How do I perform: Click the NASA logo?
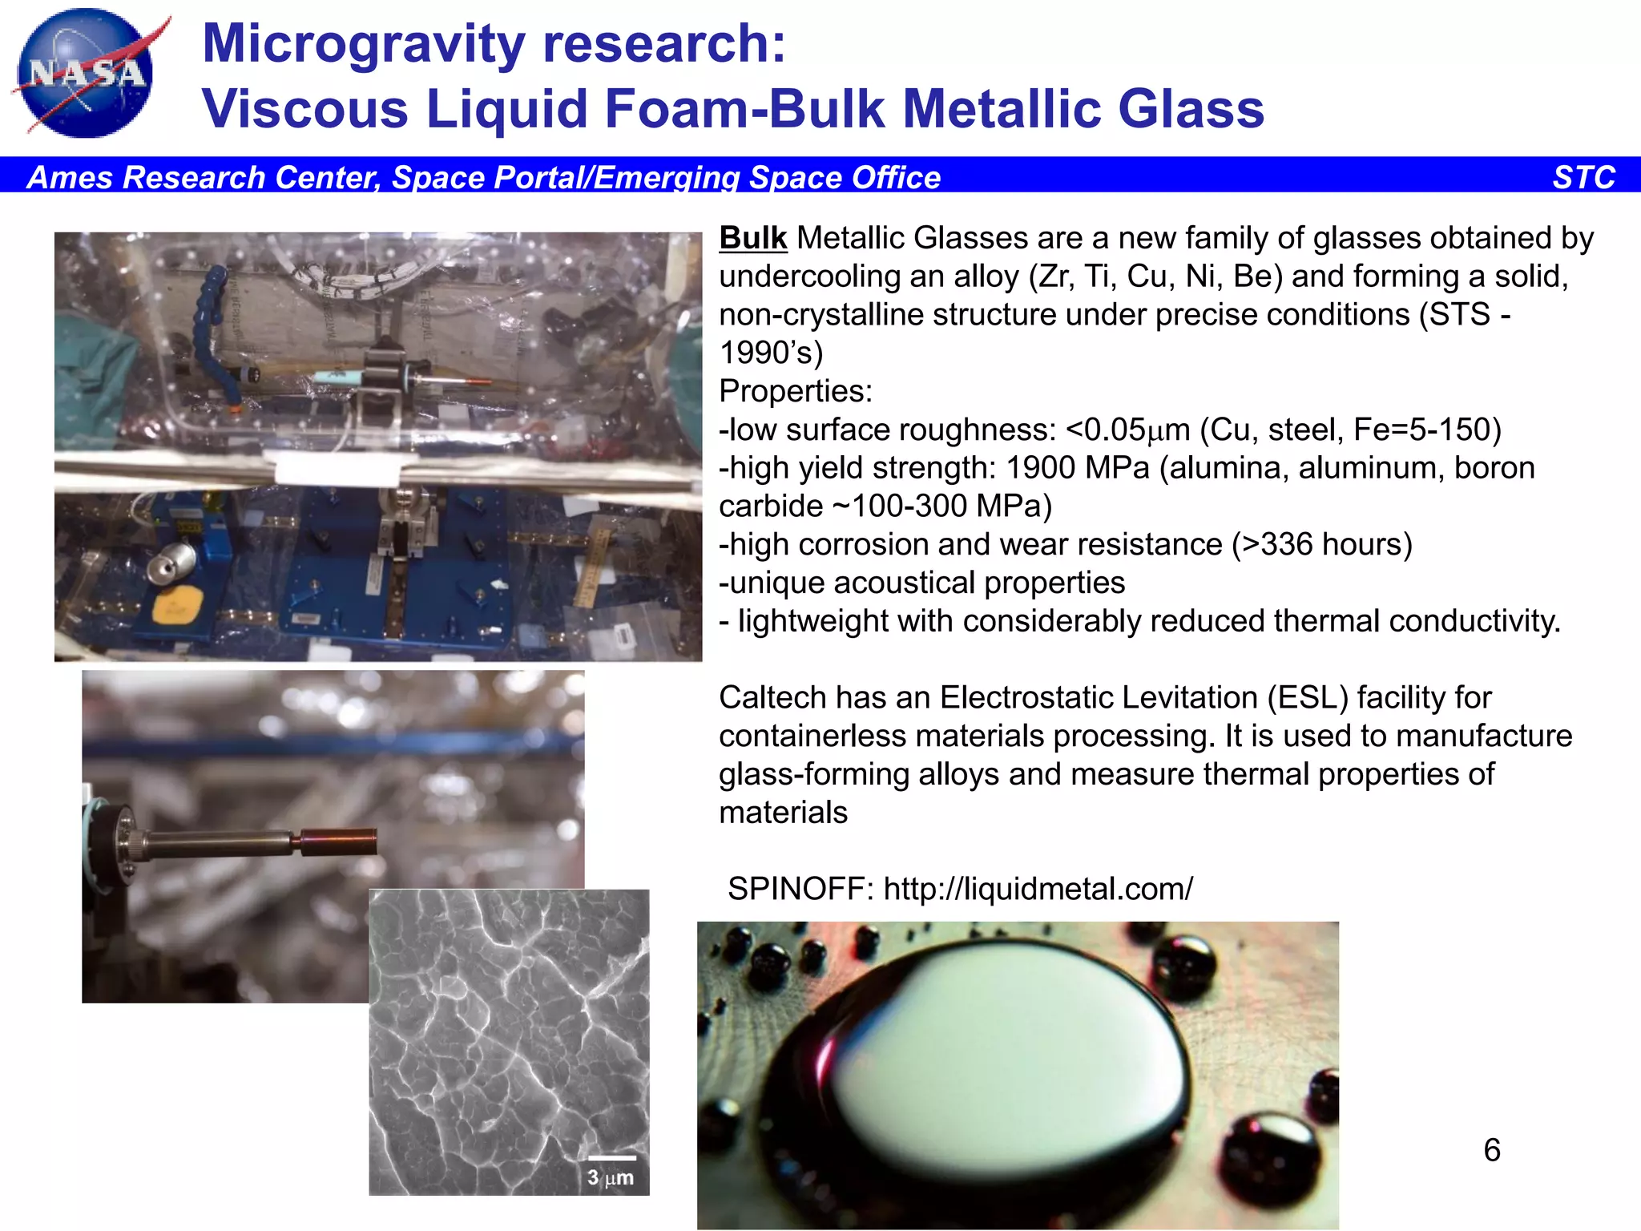[x=87, y=74]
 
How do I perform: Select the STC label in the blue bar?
[x=1583, y=177]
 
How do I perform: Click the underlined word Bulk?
[x=752, y=239]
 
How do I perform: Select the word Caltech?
[x=772, y=698]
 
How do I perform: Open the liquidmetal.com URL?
[x=1038, y=889]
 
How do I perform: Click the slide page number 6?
[x=1491, y=1150]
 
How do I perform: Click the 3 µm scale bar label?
[x=611, y=1177]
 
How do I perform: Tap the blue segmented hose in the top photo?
[x=216, y=329]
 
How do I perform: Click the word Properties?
[x=795, y=392]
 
